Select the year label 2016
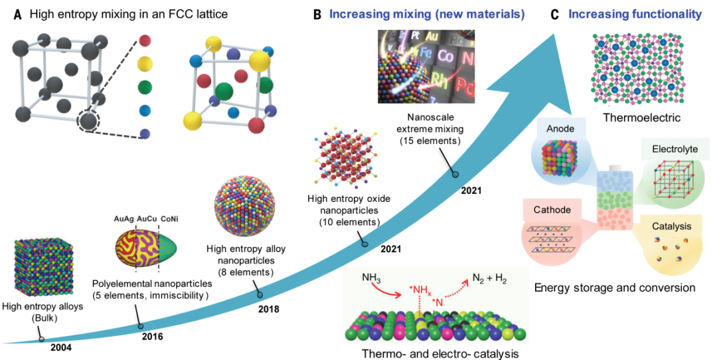point(152,337)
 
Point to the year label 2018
point(269,308)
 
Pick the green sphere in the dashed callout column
point(144,86)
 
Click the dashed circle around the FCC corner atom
point(89,121)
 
